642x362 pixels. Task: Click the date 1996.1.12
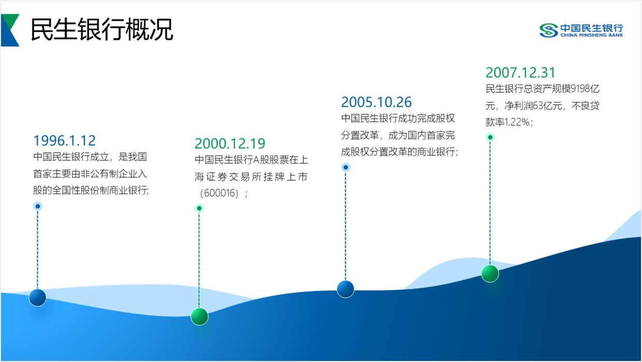click(65, 140)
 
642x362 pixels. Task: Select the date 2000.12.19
click(230, 143)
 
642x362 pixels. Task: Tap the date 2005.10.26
click(376, 102)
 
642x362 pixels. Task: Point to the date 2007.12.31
click(520, 73)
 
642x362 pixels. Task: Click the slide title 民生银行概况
click(102, 29)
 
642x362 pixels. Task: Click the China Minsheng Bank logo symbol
click(549, 31)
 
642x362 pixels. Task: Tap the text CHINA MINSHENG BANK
click(592, 35)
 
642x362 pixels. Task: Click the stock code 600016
click(219, 193)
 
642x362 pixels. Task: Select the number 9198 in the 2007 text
click(580, 89)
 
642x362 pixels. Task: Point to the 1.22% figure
click(517, 122)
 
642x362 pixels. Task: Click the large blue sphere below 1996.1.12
click(38, 297)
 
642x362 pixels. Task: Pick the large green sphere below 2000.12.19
click(199, 316)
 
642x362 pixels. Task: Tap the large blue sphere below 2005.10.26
click(345, 289)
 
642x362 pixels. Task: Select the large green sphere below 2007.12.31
click(490, 273)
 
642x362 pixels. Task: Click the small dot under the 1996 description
click(38, 206)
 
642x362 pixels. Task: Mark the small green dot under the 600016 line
click(199, 208)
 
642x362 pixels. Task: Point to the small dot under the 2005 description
click(346, 167)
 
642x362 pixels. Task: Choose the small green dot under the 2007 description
click(490, 137)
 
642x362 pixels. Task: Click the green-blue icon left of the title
click(10, 30)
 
